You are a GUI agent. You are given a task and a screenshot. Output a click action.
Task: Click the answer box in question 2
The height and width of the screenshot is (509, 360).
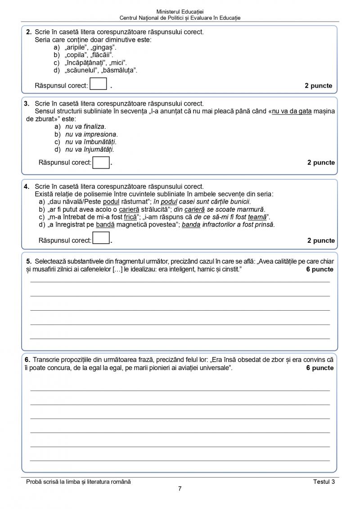point(98,85)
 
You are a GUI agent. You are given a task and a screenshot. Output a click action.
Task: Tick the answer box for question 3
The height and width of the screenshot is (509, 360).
point(101,162)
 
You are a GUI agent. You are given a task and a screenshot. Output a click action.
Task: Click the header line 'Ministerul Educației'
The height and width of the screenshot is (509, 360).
point(180,11)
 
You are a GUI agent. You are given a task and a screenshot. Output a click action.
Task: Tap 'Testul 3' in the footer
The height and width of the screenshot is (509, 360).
point(324,482)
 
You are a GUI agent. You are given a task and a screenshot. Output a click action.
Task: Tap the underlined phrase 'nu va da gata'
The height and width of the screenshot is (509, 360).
point(292,111)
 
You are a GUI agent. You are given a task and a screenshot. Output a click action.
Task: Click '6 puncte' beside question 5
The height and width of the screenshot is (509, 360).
point(319,269)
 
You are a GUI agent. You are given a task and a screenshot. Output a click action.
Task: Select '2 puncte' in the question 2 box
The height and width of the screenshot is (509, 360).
point(318,85)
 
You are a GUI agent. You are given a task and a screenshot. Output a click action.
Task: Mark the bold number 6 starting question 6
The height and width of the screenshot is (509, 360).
point(27,360)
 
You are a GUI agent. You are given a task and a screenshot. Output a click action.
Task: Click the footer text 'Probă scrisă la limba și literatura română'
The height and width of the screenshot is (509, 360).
point(79,482)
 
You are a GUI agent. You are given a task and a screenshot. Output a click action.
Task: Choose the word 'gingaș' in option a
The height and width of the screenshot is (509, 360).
point(103,47)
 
